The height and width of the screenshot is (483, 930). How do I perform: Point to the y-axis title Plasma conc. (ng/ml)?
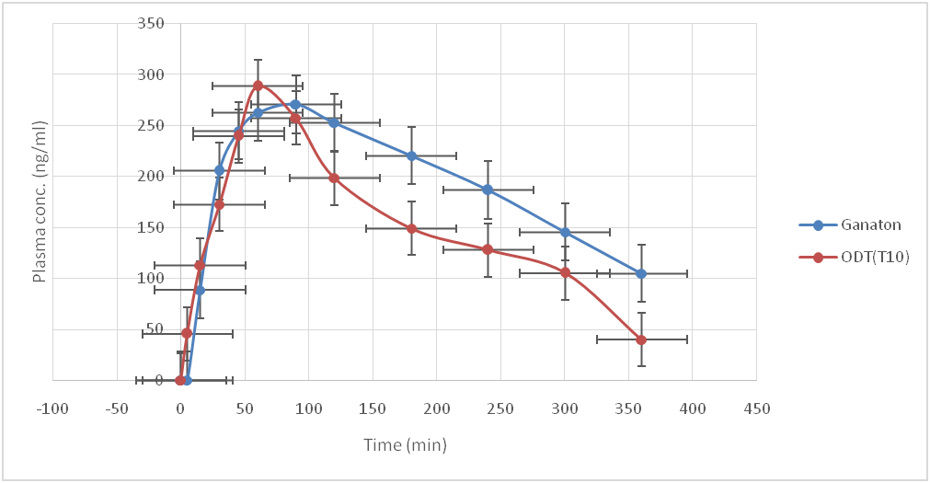pos(40,201)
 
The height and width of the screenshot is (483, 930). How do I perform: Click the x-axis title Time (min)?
pos(405,445)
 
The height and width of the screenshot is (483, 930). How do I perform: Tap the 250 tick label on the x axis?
pos(500,408)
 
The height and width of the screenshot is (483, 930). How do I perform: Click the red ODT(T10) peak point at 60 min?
pos(258,86)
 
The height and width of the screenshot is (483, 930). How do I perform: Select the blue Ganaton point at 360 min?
pos(641,273)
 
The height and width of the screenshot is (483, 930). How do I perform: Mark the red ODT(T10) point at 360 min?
pos(641,339)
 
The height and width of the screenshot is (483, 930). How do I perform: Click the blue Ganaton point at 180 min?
pos(411,155)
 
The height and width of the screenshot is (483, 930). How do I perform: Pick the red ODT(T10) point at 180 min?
pos(411,228)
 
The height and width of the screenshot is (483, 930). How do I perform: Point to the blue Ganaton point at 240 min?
pos(488,190)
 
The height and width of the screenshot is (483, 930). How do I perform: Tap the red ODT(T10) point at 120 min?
pos(334,178)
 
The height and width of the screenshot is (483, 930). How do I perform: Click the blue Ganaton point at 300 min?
pos(565,232)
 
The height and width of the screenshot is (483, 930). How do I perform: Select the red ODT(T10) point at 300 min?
pos(565,272)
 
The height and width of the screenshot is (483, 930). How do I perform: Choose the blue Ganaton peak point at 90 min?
pos(295,104)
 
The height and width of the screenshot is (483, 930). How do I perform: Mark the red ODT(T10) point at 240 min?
pos(488,249)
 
